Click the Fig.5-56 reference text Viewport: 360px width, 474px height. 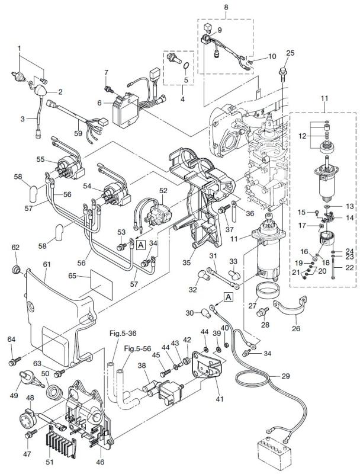(137, 348)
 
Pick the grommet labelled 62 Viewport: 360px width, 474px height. (16, 270)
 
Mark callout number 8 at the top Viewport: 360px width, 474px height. (225, 8)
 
